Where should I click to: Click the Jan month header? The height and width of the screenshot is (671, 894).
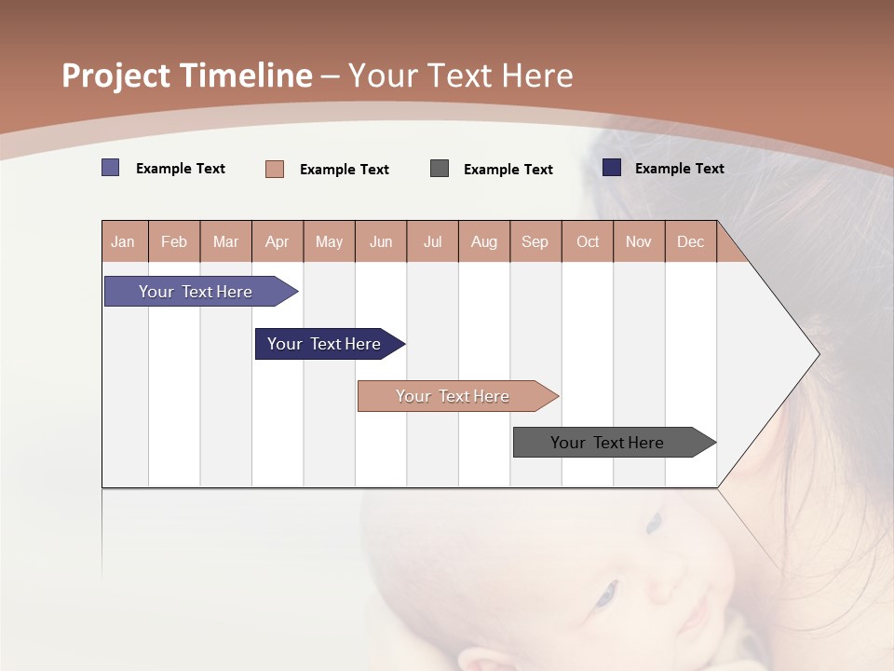click(124, 241)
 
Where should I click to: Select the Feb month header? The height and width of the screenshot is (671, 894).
click(174, 241)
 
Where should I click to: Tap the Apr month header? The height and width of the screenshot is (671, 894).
click(278, 241)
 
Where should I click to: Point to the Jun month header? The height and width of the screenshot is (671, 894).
click(381, 241)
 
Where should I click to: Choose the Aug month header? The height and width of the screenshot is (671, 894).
click(484, 241)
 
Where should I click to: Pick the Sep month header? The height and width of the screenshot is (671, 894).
click(535, 241)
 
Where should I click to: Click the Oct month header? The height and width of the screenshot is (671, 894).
click(588, 241)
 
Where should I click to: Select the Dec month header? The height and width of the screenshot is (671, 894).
click(691, 241)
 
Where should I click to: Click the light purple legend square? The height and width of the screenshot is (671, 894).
click(111, 168)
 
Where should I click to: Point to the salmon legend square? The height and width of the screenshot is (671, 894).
click(275, 169)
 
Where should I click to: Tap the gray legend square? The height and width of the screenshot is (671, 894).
click(440, 169)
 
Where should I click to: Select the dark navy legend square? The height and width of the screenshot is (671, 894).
click(612, 168)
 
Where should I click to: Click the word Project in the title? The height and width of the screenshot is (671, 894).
click(115, 75)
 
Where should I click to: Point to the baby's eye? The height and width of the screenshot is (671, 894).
click(606, 592)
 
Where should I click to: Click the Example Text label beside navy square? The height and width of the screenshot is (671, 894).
click(679, 169)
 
